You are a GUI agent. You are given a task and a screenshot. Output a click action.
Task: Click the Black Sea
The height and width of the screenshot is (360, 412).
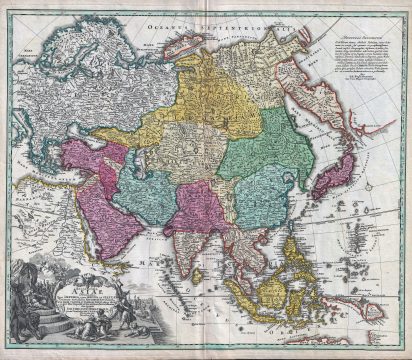point(51,139)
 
